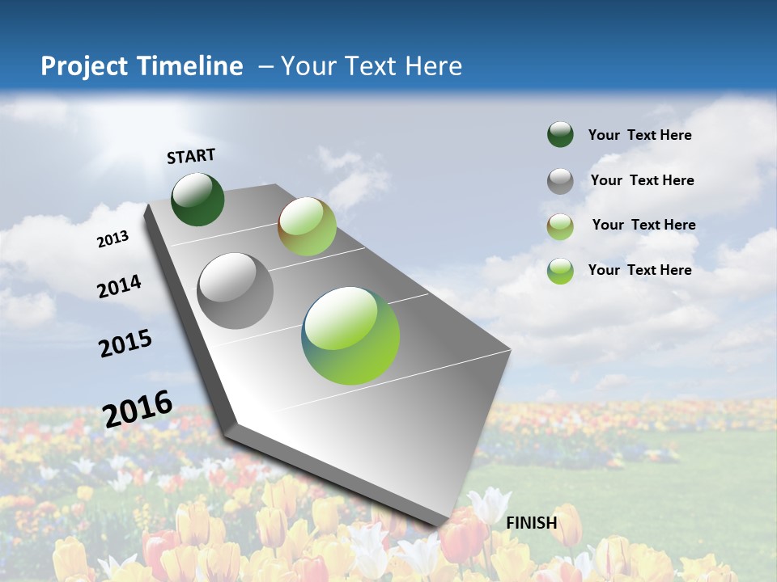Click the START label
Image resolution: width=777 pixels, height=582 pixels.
191,155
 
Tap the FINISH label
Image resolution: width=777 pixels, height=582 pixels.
531,522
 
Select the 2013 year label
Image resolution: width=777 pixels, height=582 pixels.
113,238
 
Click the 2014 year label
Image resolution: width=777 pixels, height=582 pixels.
119,286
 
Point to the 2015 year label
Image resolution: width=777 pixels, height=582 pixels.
125,344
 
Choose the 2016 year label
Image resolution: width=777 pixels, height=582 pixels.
138,407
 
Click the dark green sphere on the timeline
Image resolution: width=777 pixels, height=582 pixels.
197,199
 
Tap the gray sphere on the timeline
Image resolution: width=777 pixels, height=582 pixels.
235,290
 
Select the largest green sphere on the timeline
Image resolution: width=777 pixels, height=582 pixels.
350,335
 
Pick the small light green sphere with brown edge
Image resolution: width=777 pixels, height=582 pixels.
307,226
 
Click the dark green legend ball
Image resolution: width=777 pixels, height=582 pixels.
560,134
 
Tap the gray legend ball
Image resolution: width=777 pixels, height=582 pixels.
560,181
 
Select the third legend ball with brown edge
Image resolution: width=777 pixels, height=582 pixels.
560,226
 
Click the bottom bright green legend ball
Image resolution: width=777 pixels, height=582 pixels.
560,271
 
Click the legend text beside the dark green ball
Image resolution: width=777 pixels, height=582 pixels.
639,135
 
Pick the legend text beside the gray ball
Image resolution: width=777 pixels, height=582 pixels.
642,180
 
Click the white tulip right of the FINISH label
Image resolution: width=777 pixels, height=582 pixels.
490,506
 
